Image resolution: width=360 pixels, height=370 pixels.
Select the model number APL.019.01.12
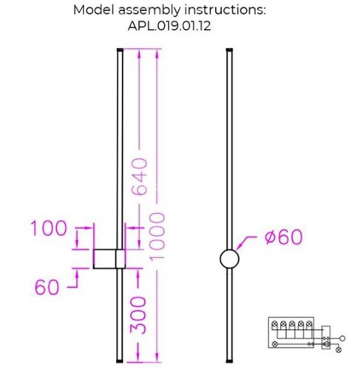180,30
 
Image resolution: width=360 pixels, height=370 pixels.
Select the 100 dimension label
50,229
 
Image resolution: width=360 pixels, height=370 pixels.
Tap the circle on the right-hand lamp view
230,260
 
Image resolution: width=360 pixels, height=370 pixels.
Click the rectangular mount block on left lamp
109,260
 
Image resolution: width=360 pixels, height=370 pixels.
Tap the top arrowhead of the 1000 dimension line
155,55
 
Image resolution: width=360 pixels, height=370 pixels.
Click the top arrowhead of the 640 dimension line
137,55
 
